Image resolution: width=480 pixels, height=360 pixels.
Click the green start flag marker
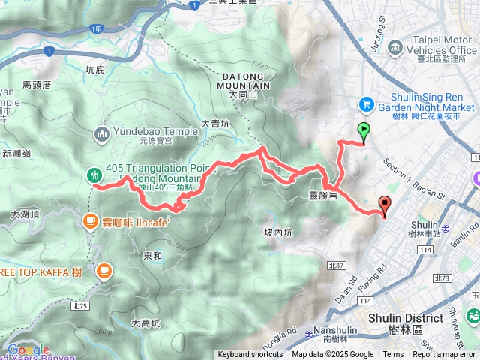click(x=364, y=131)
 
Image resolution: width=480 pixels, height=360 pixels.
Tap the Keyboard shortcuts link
click(x=250, y=355)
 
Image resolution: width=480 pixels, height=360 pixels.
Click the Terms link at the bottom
click(x=393, y=355)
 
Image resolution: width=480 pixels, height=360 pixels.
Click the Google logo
click(x=28, y=349)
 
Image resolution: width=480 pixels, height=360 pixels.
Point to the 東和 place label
click(x=152, y=256)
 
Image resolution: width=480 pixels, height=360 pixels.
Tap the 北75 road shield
click(x=78, y=285)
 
